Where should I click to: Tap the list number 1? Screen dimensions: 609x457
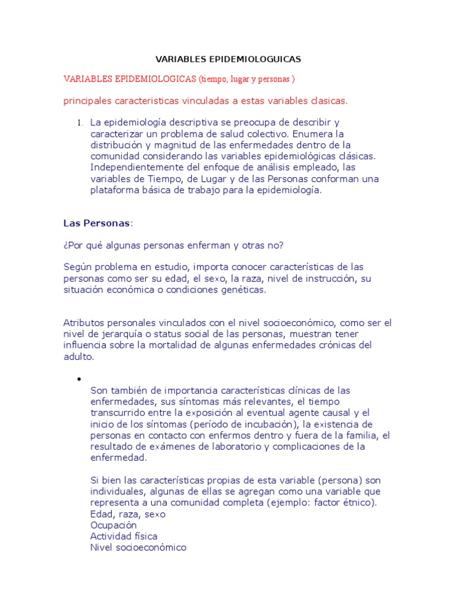(79, 123)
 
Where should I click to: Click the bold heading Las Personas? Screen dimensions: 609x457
(96, 224)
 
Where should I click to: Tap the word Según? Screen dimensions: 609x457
(77, 268)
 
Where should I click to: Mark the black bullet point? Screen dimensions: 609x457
(78, 379)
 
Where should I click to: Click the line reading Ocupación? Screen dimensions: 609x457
(113, 525)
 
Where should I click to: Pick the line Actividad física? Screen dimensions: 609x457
(124, 536)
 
